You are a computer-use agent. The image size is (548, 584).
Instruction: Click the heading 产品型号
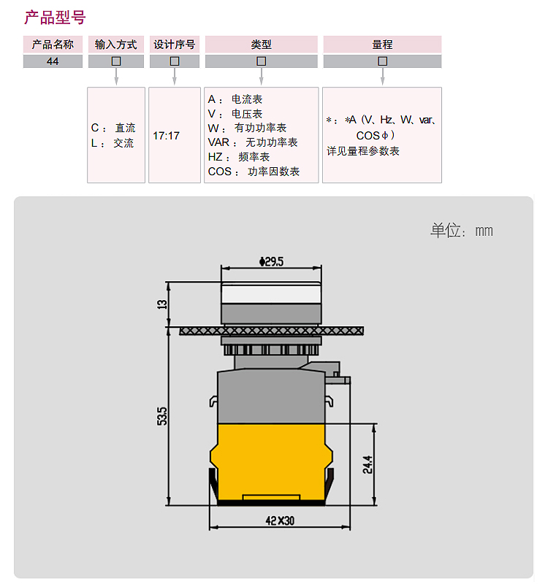pyautogui.click(x=56, y=18)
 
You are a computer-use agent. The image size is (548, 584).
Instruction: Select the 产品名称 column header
pyautogui.click(x=53, y=45)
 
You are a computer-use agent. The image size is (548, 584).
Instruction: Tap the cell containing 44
pyautogui.click(x=53, y=61)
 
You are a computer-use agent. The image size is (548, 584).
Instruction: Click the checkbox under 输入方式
pyautogui.click(x=116, y=61)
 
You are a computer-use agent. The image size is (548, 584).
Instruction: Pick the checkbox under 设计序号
pyautogui.click(x=175, y=61)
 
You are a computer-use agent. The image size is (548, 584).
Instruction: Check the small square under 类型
pyautogui.click(x=262, y=61)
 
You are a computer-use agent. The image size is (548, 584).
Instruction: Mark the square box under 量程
pyautogui.click(x=382, y=61)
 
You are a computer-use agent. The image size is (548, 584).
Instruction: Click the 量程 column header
pyautogui.click(x=382, y=45)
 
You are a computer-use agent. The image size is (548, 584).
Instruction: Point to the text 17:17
pyautogui.click(x=167, y=136)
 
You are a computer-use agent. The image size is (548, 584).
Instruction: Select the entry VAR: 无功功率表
pyautogui.click(x=253, y=142)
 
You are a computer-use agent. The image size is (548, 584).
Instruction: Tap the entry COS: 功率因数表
pyautogui.click(x=254, y=172)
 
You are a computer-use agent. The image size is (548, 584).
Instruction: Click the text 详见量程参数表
pyautogui.click(x=363, y=151)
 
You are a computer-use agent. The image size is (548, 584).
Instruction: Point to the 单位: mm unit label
pyautogui.click(x=462, y=231)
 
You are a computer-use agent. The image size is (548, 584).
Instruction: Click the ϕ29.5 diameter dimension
pyautogui.click(x=271, y=261)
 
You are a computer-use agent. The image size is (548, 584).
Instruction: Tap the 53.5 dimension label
pyautogui.click(x=162, y=416)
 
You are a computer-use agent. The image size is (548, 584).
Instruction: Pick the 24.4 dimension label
pyautogui.click(x=368, y=464)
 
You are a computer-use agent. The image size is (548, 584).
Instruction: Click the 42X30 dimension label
pyautogui.click(x=280, y=520)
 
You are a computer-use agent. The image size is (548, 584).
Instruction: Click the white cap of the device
pyautogui.click(x=271, y=293)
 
